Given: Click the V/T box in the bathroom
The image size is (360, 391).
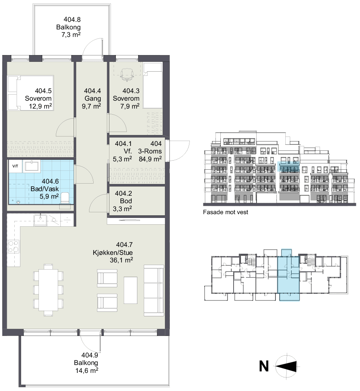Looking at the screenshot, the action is pos(15,166).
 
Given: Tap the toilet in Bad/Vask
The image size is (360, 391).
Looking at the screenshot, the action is pos(65,198).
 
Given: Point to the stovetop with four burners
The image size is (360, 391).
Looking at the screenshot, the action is pos(13,246).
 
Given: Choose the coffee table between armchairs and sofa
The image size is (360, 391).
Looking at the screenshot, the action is pos(131,290).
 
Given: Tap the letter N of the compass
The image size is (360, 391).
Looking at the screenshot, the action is pos(264,366).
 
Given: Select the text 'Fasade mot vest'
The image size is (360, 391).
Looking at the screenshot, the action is pos(225,212).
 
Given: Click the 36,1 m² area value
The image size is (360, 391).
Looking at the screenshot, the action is pos(122,260).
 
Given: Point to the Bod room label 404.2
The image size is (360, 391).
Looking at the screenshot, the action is pos(123,193).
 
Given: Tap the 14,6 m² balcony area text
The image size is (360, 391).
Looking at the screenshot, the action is pos(87,371).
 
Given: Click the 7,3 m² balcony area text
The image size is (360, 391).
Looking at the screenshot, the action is pos(71,35).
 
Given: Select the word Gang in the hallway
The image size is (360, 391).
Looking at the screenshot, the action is pos(92,98).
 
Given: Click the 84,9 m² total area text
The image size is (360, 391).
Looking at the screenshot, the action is pos(150,159).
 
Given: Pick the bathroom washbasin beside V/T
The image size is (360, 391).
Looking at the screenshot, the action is pos(31,166).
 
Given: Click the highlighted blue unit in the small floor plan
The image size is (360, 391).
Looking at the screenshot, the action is pos(289,274).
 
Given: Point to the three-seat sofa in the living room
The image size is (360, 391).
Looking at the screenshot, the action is pos(154,291).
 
